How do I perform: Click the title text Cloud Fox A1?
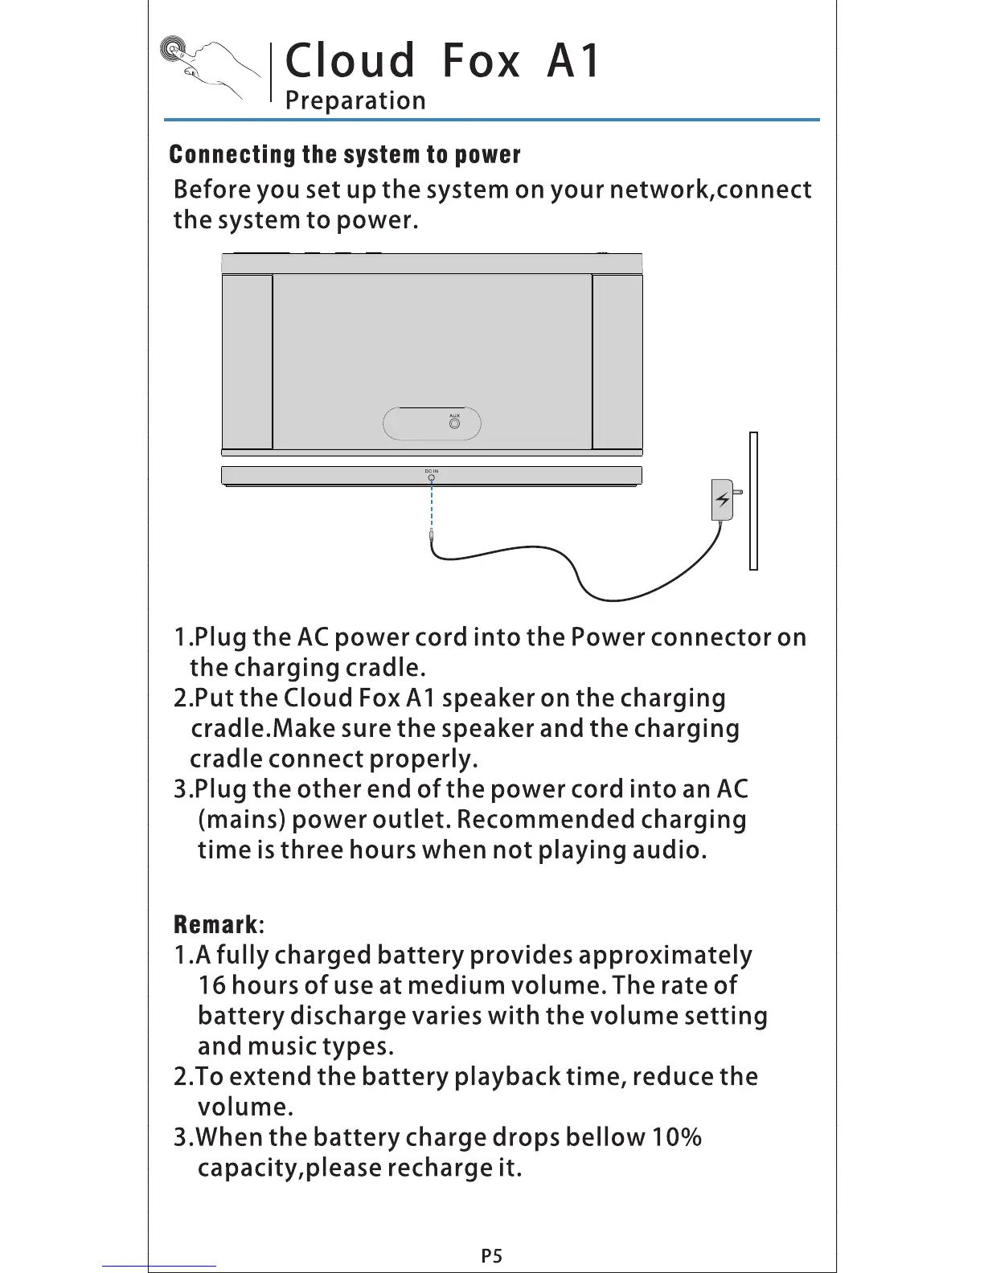(443, 61)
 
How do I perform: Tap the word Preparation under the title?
(355, 101)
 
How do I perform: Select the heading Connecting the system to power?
(346, 154)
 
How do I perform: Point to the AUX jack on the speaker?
(455, 423)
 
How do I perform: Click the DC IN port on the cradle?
(432, 477)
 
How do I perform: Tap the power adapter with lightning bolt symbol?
(723, 501)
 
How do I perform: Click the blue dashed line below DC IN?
(432, 506)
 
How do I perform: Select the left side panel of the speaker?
(247, 362)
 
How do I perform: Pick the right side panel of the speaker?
(617, 362)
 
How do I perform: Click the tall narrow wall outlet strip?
(753, 501)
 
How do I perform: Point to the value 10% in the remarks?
(676, 1137)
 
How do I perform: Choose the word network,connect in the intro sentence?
(711, 190)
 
